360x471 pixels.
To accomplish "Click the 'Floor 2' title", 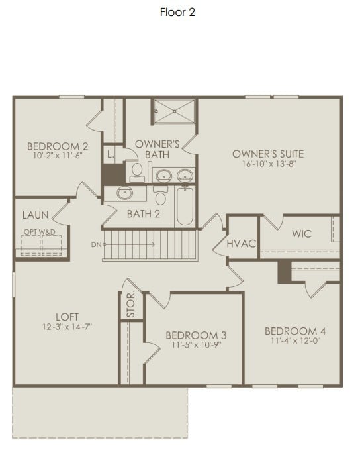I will pyautogui.click(x=177, y=12).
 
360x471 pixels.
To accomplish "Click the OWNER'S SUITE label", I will pyautogui.click(x=267, y=154).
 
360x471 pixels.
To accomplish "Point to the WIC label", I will pyautogui.click(x=301, y=233).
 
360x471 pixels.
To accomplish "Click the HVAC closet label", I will pyautogui.click(x=241, y=244).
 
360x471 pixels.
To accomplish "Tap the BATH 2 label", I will pyautogui.click(x=144, y=214).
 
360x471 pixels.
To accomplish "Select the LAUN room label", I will pyautogui.click(x=34, y=215).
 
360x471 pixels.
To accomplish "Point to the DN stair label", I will pyautogui.click(x=97, y=244).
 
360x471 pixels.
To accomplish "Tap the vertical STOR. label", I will pyautogui.click(x=131, y=303).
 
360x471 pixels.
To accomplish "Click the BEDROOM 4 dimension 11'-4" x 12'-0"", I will pyautogui.click(x=295, y=341).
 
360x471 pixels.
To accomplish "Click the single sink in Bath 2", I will pyautogui.click(x=125, y=193).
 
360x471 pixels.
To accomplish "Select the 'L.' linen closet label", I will pyautogui.click(x=111, y=154).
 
